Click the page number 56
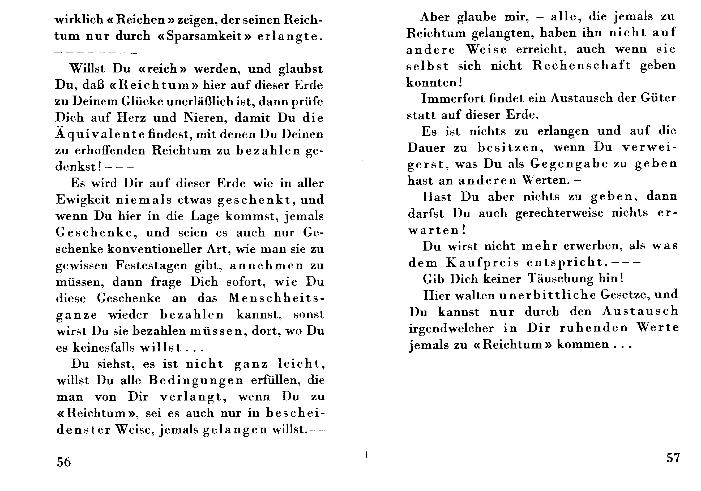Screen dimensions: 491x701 [63, 462]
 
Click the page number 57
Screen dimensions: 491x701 [673, 458]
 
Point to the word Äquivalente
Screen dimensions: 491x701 [100, 135]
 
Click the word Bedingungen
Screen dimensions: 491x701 [196, 380]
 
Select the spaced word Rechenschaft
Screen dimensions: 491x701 [581, 66]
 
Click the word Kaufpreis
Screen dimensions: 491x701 [482, 262]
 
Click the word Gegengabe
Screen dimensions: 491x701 [569, 164]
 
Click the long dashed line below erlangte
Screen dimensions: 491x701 [96, 53]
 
